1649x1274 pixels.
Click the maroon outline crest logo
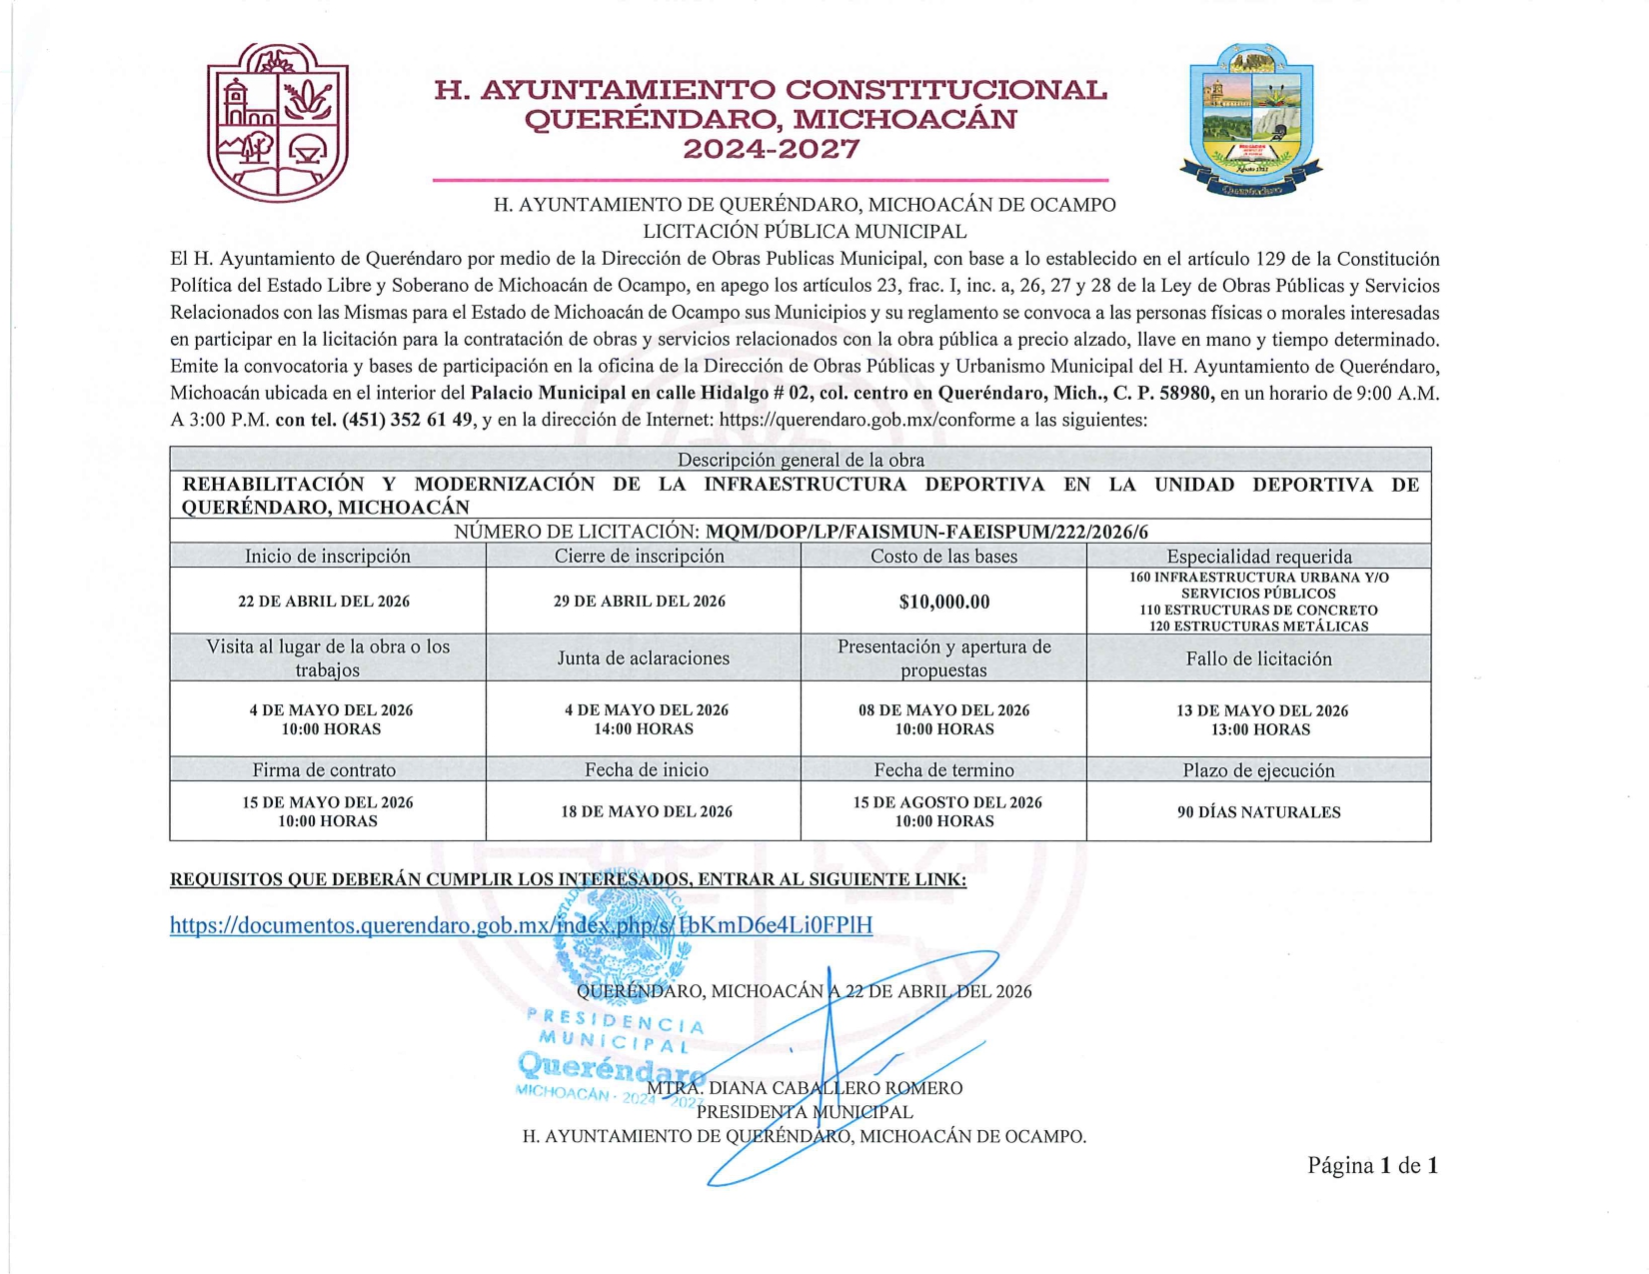[277, 122]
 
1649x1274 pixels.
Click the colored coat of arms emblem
[1251, 121]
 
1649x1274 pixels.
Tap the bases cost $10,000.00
[943, 602]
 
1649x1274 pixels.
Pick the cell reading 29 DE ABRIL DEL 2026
[640, 602]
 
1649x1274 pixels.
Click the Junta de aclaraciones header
[643, 658]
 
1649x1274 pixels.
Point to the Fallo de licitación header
[1258, 658]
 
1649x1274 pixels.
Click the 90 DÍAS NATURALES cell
[1258, 812]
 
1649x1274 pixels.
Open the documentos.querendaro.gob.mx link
[521, 925]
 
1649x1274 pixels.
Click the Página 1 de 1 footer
[1372, 1165]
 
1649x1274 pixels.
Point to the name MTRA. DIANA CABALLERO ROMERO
[805, 1088]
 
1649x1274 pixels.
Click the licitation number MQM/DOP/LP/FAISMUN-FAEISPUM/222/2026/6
[926, 532]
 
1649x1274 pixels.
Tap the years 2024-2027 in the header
[771, 151]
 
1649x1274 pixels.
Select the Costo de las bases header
[943, 557]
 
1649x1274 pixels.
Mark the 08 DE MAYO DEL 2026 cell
[943, 719]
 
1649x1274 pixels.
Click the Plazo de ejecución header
[1258, 770]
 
